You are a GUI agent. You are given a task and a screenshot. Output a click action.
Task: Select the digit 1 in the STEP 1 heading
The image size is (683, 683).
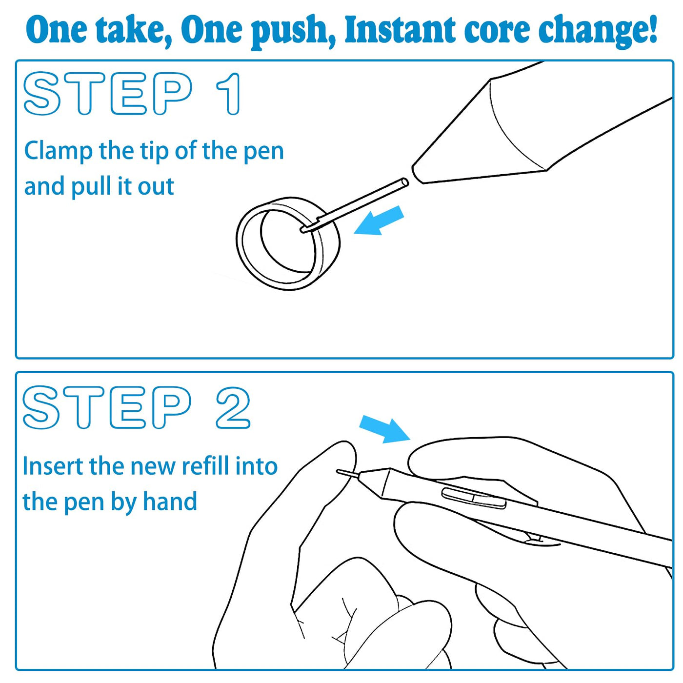[x=230, y=94]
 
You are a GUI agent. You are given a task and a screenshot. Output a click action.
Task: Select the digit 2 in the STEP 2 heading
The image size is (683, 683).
[x=233, y=408]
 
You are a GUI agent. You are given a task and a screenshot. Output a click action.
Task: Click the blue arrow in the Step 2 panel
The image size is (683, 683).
[x=385, y=429]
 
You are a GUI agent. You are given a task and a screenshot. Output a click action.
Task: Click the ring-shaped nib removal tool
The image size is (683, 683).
[x=240, y=244]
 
